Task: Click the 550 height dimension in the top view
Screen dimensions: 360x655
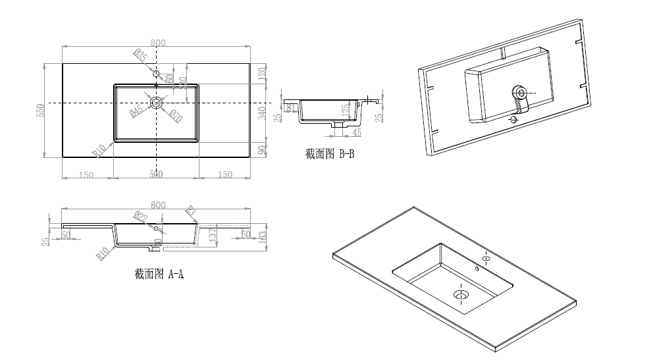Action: (x=39, y=111)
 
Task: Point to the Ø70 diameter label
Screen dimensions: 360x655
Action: (x=175, y=116)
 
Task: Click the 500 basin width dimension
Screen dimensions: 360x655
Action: (x=156, y=174)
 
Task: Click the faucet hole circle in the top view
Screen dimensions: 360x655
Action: (x=156, y=73)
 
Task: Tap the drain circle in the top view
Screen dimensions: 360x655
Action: (x=157, y=102)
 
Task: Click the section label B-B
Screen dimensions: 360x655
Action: (x=330, y=154)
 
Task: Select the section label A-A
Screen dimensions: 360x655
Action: (x=159, y=273)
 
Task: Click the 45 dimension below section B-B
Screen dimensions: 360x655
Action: (x=357, y=132)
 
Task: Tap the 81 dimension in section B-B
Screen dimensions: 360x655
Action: (x=289, y=108)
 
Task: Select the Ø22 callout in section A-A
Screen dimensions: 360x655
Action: (x=140, y=217)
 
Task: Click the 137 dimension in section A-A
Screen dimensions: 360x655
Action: (x=211, y=236)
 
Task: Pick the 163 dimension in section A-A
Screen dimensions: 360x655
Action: (x=263, y=236)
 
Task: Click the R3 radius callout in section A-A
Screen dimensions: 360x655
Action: (x=191, y=211)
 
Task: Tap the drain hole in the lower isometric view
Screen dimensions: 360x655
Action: (x=460, y=295)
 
